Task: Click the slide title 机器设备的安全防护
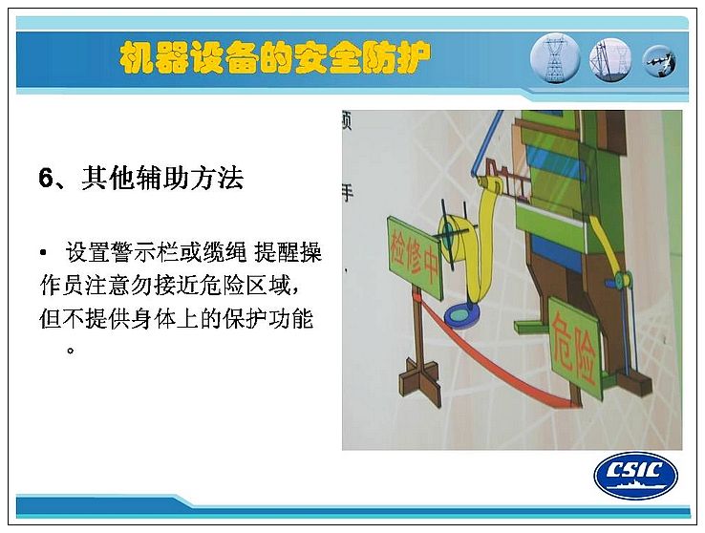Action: coord(275,58)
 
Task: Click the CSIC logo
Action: coord(636,475)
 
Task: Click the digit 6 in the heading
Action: coord(46,178)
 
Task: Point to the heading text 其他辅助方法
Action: coord(162,178)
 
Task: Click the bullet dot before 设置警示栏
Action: coord(43,253)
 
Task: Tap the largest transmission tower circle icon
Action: coord(555,58)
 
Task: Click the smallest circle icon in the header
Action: coord(659,61)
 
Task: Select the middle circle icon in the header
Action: coord(610,59)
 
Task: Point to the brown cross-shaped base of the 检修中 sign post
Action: coord(419,381)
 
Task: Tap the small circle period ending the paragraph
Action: coord(70,350)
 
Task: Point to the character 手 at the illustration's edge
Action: coord(347,193)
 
